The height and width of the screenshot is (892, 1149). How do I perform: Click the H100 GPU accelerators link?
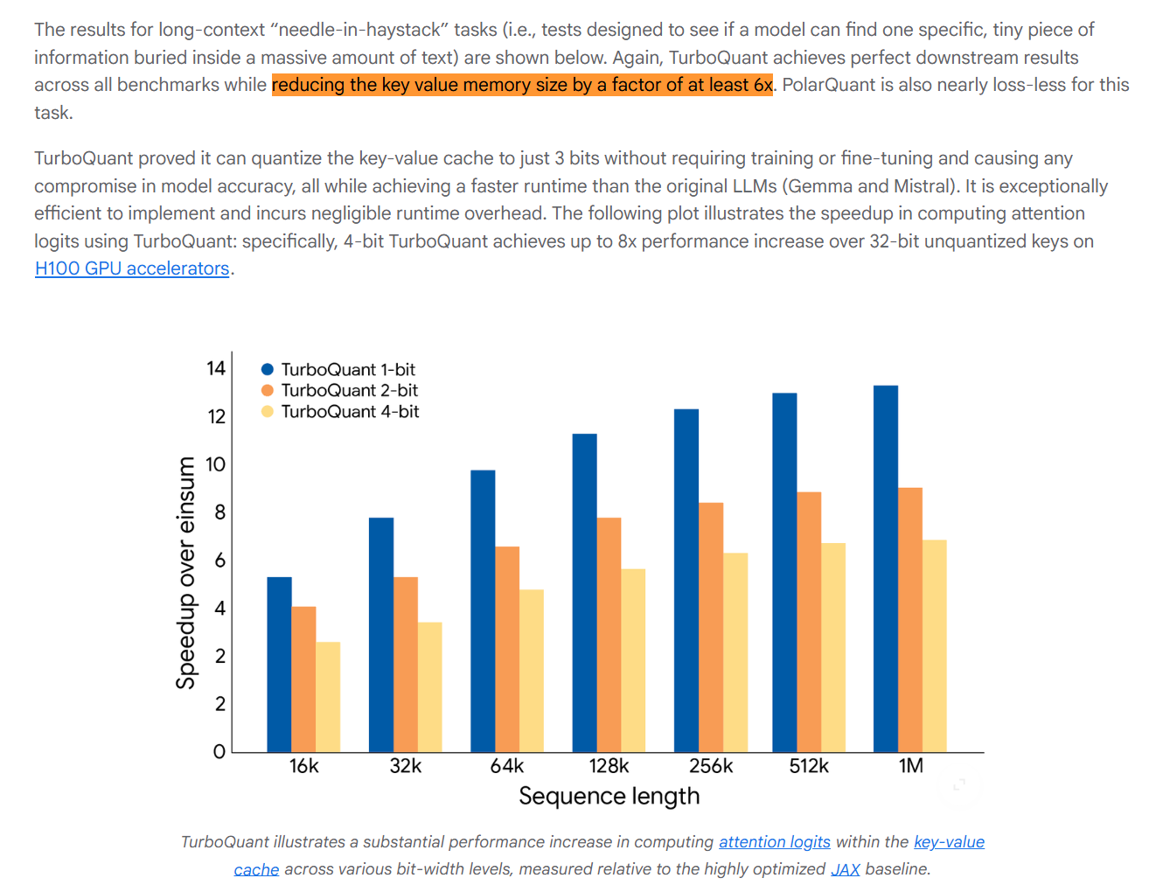point(132,268)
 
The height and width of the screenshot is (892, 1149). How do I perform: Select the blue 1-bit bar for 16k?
point(279,664)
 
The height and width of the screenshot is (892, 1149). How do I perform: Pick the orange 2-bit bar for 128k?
point(609,634)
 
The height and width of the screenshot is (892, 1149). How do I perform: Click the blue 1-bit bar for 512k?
point(784,572)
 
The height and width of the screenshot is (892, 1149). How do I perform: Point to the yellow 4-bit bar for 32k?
point(429,686)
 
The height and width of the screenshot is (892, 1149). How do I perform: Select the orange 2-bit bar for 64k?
point(507,649)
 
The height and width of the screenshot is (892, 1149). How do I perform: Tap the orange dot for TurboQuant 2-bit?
point(268,391)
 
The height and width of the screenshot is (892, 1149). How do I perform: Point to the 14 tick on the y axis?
point(216,368)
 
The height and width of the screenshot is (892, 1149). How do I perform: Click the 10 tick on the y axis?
point(216,464)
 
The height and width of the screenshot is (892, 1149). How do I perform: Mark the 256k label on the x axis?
point(711,766)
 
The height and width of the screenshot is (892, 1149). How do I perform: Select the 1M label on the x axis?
point(910,766)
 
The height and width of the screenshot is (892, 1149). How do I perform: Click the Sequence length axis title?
point(609,796)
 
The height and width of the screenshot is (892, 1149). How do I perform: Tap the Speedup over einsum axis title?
point(185,573)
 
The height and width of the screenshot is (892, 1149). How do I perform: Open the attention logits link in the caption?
point(774,841)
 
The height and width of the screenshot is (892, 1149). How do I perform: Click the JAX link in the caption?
point(845,868)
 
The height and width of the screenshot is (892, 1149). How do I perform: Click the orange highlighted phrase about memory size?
point(522,85)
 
